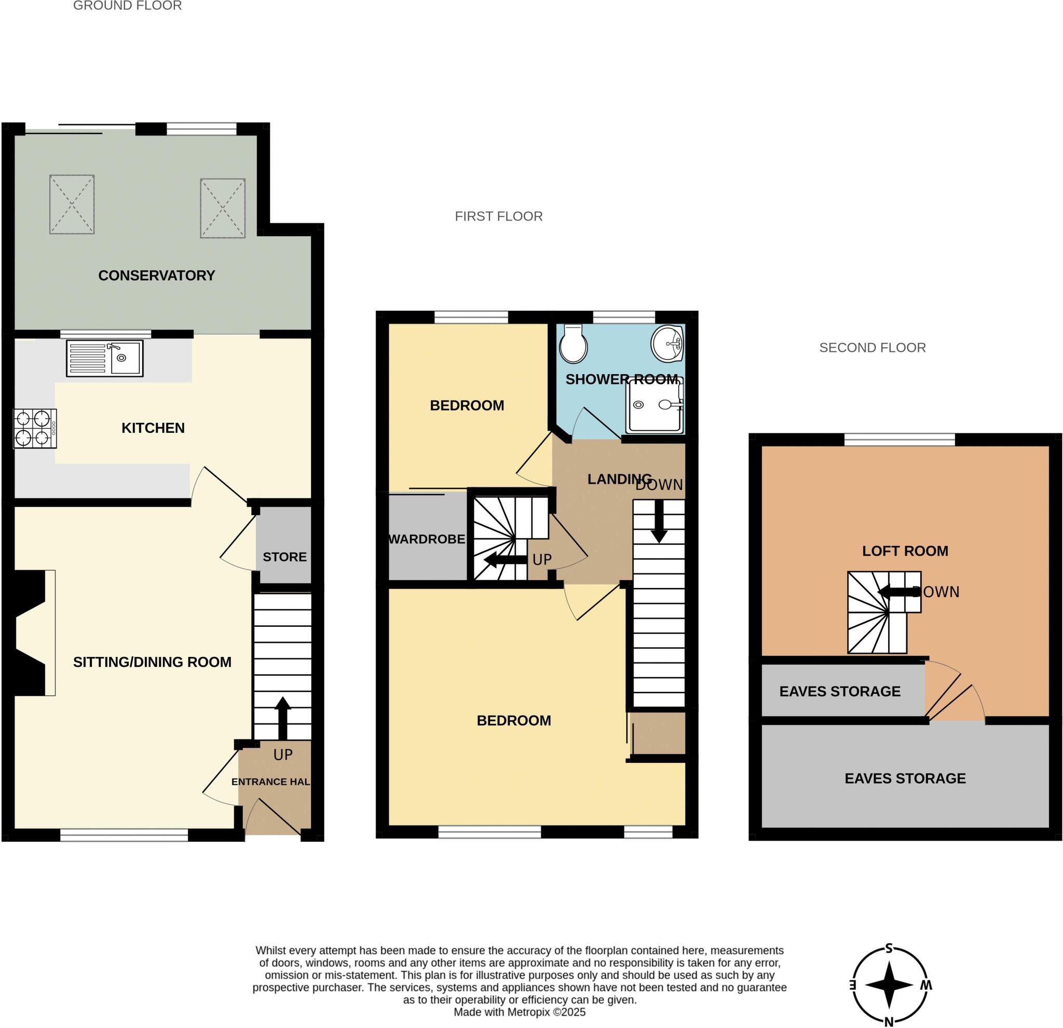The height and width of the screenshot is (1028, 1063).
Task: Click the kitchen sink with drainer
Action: (105, 359)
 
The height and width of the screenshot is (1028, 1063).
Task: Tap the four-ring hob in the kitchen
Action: (35, 428)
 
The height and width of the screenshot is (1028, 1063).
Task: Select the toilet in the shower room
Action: (573, 344)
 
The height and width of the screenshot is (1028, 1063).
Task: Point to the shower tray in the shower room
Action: (654, 406)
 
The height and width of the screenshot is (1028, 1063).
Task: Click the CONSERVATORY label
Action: (156, 276)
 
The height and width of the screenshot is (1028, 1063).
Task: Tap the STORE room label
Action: (284, 557)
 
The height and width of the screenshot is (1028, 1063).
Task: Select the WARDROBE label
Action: (427, 539)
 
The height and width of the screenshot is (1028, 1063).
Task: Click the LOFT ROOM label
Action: (905, 551)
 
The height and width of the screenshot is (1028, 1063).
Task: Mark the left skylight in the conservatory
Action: (72, 204)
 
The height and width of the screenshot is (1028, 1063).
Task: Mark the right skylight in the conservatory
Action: (222, 208)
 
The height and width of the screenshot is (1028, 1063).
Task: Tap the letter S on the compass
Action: (889, 948)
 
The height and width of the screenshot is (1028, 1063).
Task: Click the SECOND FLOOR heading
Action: (872, 348)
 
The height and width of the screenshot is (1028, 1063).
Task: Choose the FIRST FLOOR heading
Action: (498, 216)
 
